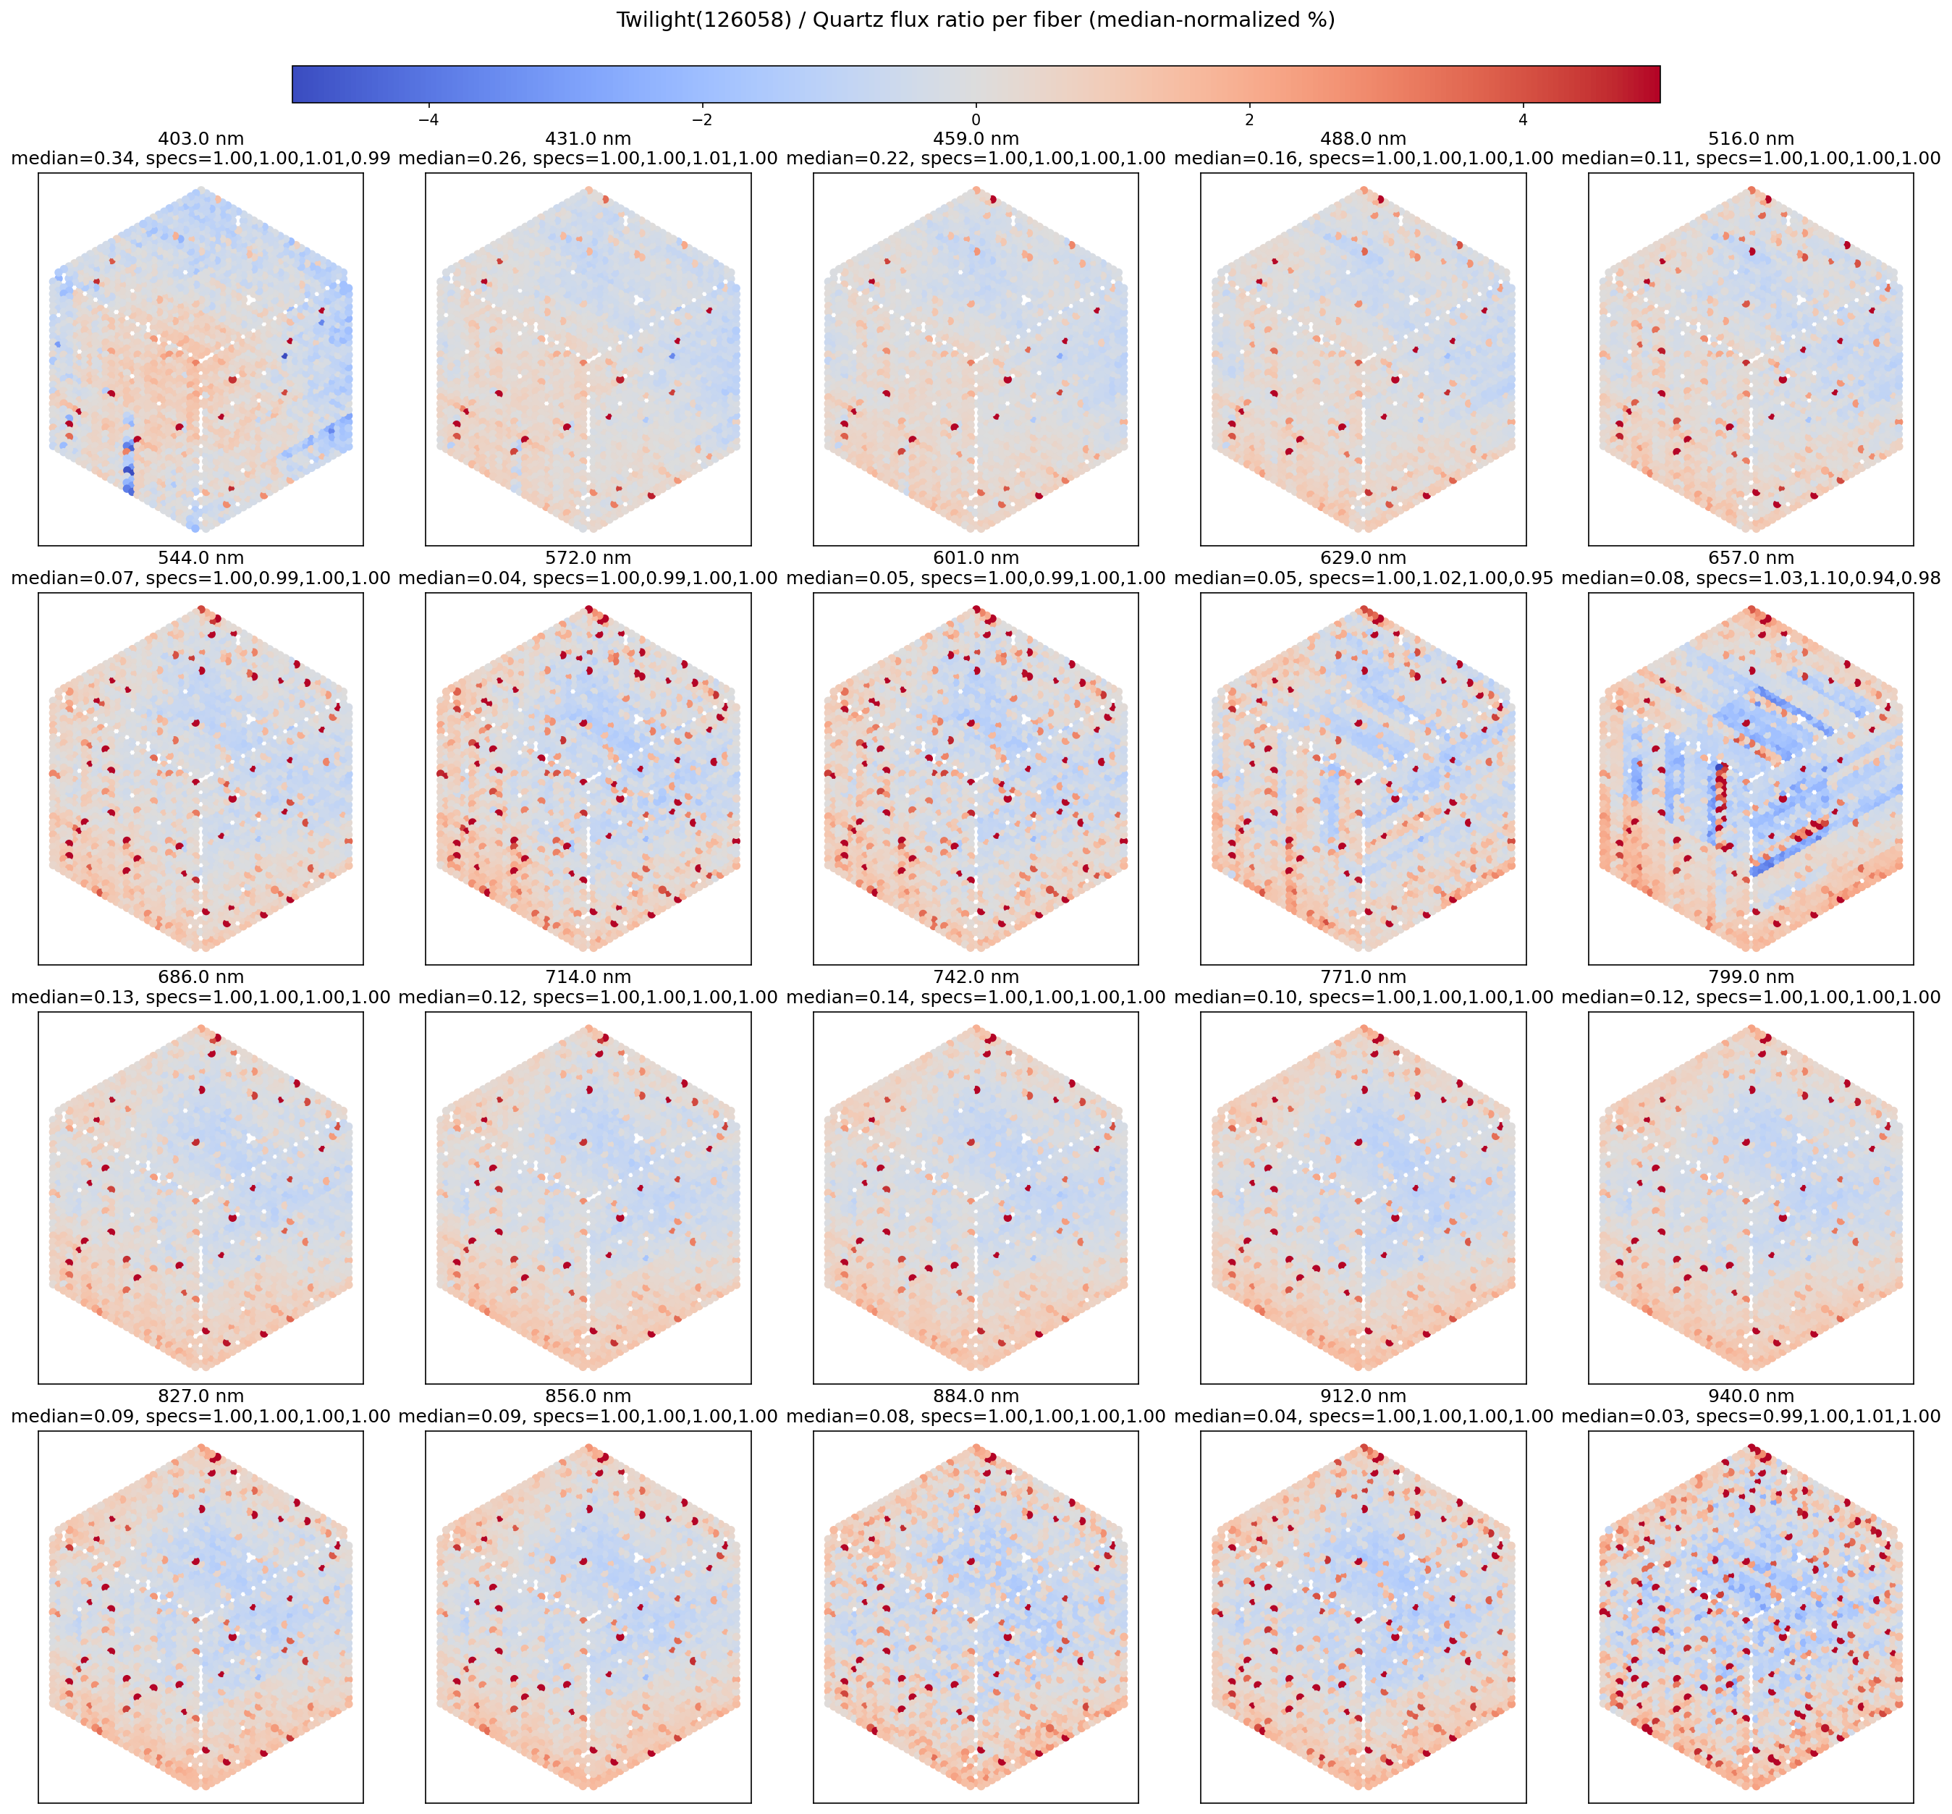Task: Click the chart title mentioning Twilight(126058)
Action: point(976,20)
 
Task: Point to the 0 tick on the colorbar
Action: point(976,119)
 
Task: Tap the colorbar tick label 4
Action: point(1522,119)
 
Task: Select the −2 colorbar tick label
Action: point(702,119)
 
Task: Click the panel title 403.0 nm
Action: point(200,140)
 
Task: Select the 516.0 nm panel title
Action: point(1751,140)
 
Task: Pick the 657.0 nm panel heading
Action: point(1751,559)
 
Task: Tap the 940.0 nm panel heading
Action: point(1751,1396)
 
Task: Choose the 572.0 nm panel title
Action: point(588,559)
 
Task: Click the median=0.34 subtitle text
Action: point(200,158)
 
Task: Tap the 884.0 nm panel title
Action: point(976,1396)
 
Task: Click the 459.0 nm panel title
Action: point(976,140)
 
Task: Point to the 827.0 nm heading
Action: point(200,1396)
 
